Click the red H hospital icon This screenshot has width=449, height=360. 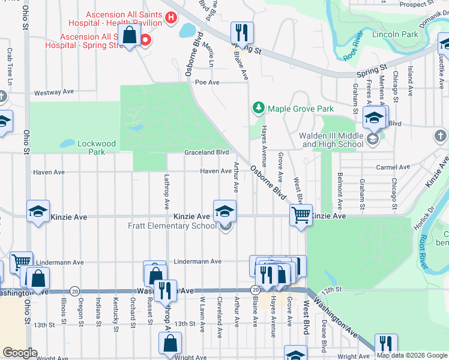(x=171, y=18)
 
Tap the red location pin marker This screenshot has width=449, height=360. (x=145, y=40)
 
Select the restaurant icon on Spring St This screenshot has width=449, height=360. (x=242, y=32)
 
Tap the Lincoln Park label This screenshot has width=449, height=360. (x=395, y=34)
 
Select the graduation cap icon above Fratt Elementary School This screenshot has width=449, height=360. (x=225, y=211)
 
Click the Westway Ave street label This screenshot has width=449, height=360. (x=54, y=92)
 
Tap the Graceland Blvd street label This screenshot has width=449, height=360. (x=207, y=152)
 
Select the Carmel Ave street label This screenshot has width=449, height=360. (x=393, y=167)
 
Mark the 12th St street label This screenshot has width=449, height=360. (x=331, y=289)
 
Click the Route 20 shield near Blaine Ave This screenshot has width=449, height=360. (x=255, y=290)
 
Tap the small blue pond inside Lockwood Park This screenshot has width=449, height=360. (x=67, y=143)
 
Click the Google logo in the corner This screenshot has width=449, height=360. (x=20, y=353)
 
